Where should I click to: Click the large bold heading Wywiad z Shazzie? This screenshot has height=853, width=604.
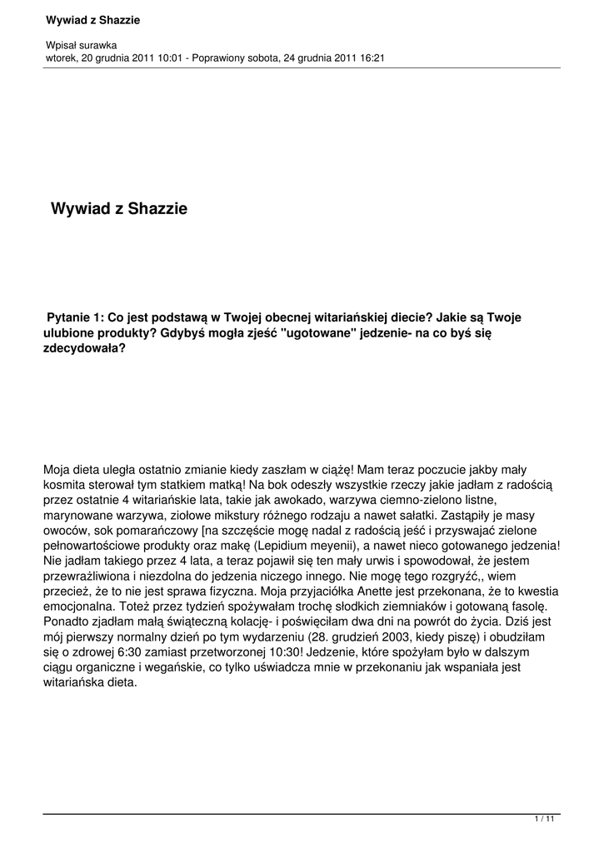[x=119, y=208]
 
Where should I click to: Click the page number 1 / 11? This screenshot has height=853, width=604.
[x=544, y=821]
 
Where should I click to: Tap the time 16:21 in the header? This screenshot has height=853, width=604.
[x=372, y=57]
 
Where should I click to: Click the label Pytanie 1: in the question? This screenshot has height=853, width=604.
[x=76, y=317]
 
